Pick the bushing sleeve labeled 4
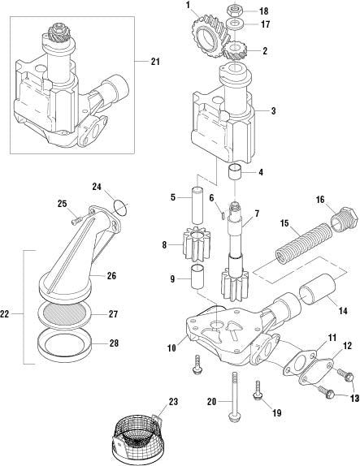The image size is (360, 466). tap(235, 172)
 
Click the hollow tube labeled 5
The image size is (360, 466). tap(197, 205)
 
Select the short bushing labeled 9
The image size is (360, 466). tap(197, 276)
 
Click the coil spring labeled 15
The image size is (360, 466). tap(303, 243)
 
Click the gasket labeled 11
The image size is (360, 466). tap(299, 364)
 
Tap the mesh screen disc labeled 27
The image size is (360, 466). tap(65, 314)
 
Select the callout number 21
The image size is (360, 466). tap(155, 62)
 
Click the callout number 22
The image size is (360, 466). tap(4, 314)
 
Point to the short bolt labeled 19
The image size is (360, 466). tap(258, 390)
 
